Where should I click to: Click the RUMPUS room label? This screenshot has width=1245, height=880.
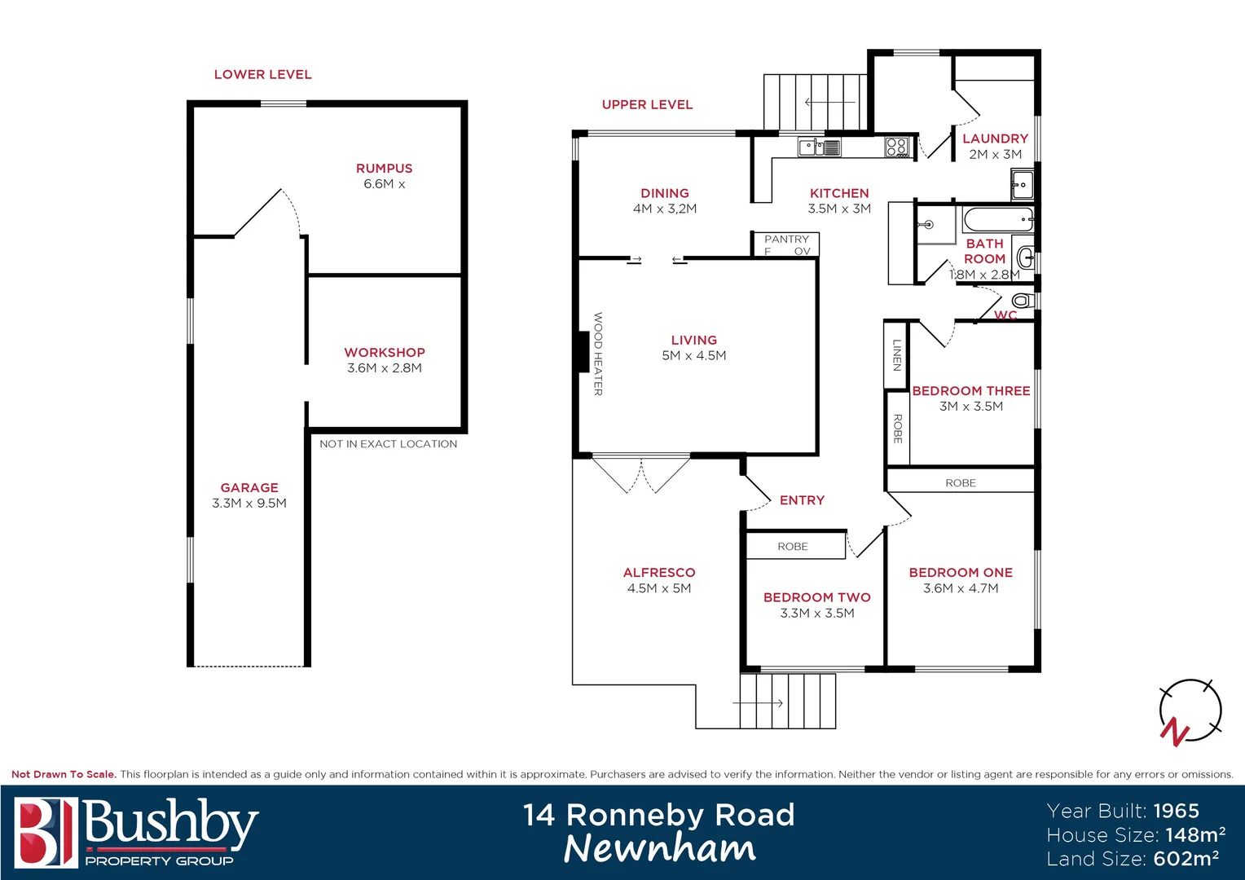384,168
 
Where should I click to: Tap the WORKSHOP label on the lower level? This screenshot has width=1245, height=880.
385,352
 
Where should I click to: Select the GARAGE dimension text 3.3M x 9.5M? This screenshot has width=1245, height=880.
249,504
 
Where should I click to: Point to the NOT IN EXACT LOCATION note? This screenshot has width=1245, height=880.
388,444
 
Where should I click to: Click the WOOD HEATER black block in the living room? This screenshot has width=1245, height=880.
583,351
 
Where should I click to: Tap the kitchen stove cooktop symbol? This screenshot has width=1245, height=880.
897,147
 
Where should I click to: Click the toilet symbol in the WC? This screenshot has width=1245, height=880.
1023,301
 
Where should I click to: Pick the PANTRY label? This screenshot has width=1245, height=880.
786,239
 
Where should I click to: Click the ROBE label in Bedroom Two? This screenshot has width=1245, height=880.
793,547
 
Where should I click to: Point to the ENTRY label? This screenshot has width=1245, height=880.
802,500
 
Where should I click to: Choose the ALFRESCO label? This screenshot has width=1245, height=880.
659,573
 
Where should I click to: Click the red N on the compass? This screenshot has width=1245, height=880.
1174,731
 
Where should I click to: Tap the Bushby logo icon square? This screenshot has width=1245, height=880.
46,832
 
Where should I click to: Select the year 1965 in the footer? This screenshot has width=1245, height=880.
1176,811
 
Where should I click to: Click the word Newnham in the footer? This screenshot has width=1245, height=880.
659,848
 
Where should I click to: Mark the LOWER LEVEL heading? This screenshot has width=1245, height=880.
262,74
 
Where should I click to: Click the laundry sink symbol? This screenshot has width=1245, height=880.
1021,185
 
